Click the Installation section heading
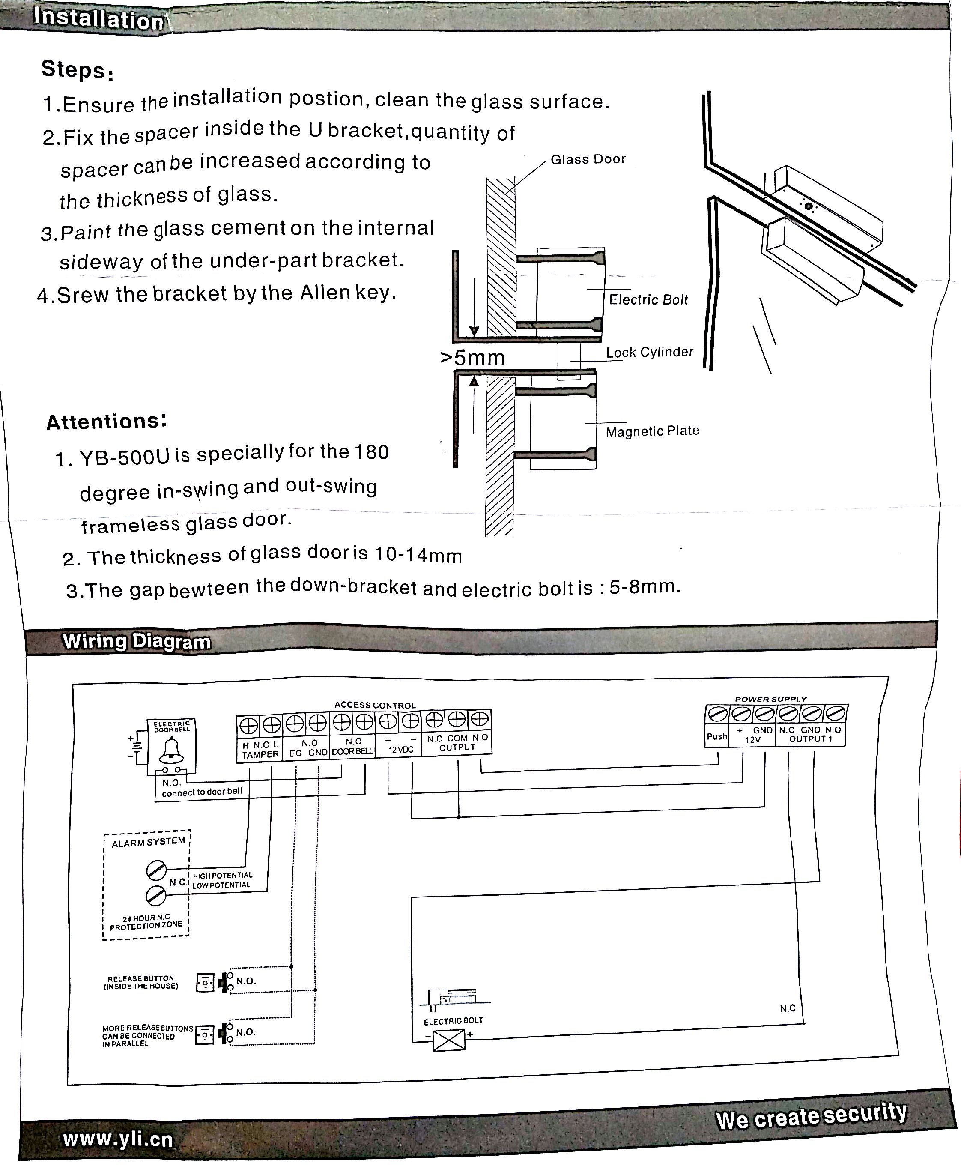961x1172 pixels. tap(98, 18)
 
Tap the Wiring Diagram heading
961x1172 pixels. tap(136, 642)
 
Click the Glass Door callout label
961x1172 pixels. tap(588, 159)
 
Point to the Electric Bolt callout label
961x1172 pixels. tap(648, 299)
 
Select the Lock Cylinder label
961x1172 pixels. tap(649, 352)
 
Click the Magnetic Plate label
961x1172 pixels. tap(653, 431)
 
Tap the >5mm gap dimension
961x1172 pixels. tap(473, 358)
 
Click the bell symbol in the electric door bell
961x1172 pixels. tap(171, 750)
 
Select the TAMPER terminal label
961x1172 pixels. tap(260, 755)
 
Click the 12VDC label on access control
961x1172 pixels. tap(401, 750)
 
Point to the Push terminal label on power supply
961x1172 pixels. tap(717, 737)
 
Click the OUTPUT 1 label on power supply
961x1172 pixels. tap(810, 739)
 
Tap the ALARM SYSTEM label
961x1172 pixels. tap(148, 843)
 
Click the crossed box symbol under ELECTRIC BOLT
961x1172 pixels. tap(449, 1041)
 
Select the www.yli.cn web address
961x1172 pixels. tap(118, 1139)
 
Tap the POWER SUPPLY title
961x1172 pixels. tap(770, 699)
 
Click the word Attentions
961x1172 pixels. tap(106, 422)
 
